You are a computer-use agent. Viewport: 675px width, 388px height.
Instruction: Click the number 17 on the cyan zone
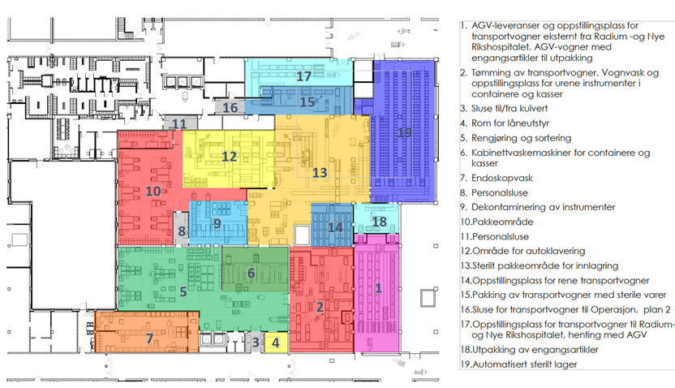(x=303, y=76)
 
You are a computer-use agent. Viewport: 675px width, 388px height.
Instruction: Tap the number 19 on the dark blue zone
(x=404, y=132)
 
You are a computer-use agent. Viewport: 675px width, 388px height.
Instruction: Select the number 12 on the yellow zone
(x=229, y=157)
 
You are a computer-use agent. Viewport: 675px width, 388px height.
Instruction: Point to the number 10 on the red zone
(x=153, y=191)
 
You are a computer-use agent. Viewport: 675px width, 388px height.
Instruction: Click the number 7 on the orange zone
(x=150, y=338)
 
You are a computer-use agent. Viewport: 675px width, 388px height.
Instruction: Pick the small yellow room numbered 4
(x=276, y=343)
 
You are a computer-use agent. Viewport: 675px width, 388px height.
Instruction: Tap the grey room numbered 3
(x=255, y=343)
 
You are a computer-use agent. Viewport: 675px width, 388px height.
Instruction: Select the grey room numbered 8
(x=181, y=229)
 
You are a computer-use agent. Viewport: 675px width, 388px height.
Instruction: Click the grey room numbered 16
(x=230, y=107)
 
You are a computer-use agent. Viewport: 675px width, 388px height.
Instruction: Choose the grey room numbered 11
(x=179, y=123)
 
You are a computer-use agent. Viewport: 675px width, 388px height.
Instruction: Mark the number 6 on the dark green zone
(x=251, y=273)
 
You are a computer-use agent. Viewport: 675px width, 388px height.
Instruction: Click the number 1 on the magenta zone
(x=378, y=287)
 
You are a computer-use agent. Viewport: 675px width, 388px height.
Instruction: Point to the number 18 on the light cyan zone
(x=379, y=222)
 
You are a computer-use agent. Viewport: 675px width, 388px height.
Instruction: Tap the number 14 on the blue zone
(x=335, y=227)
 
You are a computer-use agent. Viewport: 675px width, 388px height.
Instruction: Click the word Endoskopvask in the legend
(x=502, y=179)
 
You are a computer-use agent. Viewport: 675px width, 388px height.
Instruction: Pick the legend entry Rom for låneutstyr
(x=510, y=123)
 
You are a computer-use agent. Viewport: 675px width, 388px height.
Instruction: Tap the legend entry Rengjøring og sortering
(x=522, y=138)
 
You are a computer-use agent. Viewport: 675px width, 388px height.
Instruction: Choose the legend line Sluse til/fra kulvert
(x=509, y=109)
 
